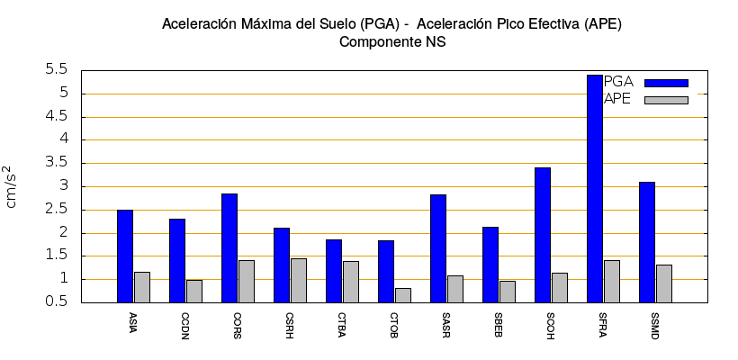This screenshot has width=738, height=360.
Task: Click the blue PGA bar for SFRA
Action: click(595, 189)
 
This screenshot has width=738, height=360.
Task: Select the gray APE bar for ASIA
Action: click(142, 287)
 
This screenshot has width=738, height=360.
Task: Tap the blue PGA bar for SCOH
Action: click(543, 235)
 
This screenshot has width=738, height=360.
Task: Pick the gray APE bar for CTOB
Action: click(403, 295)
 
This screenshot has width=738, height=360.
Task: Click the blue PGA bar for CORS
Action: click(229, 247)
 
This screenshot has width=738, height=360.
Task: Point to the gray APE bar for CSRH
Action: click(299, 280)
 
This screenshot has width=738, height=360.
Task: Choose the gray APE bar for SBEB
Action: click(508, 292)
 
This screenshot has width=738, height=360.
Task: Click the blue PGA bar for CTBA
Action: click(334, 271)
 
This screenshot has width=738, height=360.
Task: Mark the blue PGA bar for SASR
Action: click(438, 248)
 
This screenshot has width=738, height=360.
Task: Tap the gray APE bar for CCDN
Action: click(194, 291)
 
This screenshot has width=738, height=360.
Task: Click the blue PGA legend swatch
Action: click(666, 83)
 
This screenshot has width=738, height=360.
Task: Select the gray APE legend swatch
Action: click(666, 100)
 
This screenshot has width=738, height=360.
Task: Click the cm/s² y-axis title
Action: click(11, 186)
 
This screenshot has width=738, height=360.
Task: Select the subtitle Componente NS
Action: click(391, 41)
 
